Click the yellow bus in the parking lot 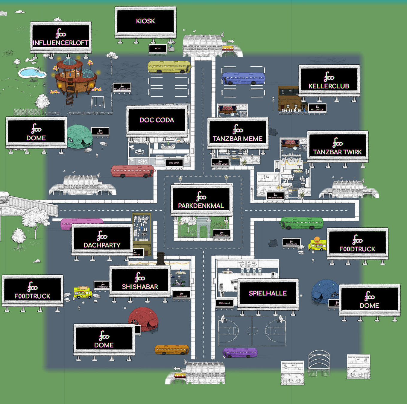point(169,67)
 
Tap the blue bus point(243,78)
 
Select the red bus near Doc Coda point(133,171)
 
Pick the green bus point(302,223)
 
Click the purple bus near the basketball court point(240,353)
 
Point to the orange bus point(172,350)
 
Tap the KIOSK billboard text point(145,21)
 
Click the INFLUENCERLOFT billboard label point(60,43)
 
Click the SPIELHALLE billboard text point(268,293)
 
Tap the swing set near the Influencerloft point(98,102)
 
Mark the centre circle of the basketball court point(252,331)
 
